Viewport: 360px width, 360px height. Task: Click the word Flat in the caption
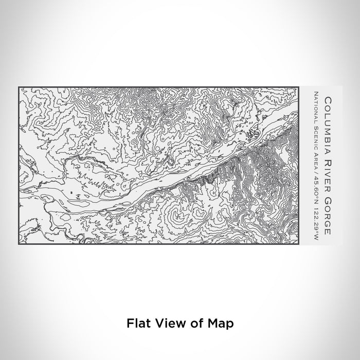coord(136,323)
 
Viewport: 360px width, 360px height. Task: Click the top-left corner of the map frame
coord(19,86)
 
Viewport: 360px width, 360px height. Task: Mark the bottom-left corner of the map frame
coord(19,244)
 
